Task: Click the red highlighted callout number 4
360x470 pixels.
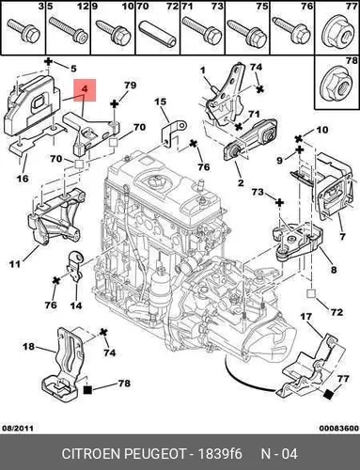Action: pyautogui.click(x=85, y=89)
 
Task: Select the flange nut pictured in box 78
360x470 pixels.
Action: pyautogui.click(x=336, y=84)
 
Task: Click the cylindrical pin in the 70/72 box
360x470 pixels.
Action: pyautogui.click(x=158, y=34)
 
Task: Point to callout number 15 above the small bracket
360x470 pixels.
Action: pyautogui.click(x=160, y=102)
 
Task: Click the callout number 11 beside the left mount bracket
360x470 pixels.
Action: pyautogui.click(x=15, y=264)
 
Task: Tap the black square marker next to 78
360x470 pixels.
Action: pyautogui.click(x=87, y=390)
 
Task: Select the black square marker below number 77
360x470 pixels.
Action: pyautogui.click(x=329, y=395)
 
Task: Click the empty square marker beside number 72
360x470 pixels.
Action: pyautogui.click(x=311, y=293)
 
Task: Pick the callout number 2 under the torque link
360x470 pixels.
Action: pyautogui.click(x=241, y=182)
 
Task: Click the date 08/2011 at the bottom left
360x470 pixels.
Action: pyautogui.click(x=18, y=428)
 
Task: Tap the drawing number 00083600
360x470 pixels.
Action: pyautogui.click(x=339, y=428)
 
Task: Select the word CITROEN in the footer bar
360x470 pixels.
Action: pyautogui.click(x=91, y=454)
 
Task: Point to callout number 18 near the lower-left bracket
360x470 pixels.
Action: pyautogui.click(x=28, y=347)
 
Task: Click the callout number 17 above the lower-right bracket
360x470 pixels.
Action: pyautogui.click(x=306, y=317)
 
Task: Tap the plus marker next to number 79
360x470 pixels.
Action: pyautogui.click(x=114, y=103)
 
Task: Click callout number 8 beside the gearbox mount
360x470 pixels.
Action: pyautogui.click(x=334, y=269)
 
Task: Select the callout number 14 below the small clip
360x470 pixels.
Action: pyautogui.click(x=76, y=305)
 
